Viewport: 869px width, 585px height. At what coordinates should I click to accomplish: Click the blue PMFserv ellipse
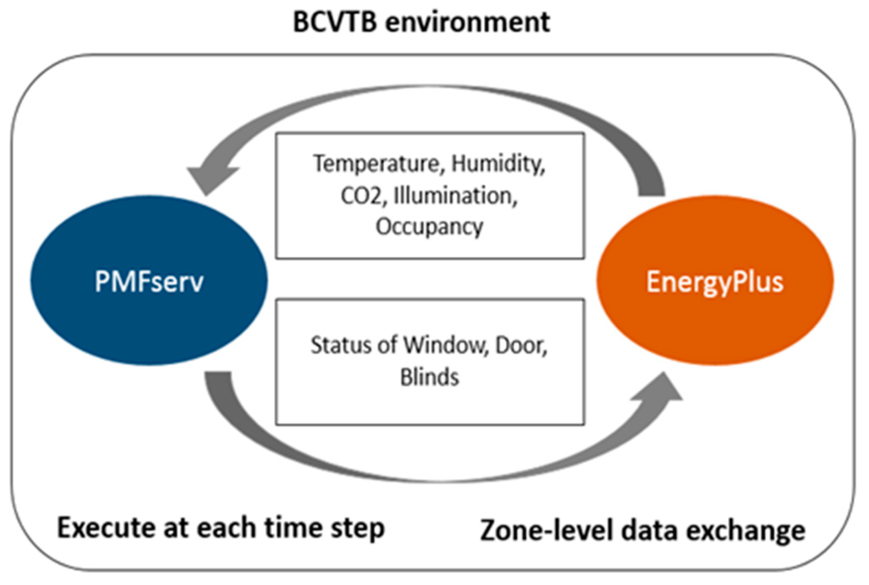coord(149,280)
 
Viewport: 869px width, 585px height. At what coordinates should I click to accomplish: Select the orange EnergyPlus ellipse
coord(715,280)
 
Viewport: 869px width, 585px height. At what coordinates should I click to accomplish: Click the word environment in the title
coord(467,23)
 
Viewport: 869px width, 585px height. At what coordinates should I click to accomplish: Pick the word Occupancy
coord(429,227)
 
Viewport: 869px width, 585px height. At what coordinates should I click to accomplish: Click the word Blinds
coord(429,376)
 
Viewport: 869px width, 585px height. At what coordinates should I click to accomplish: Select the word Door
coord(521,345)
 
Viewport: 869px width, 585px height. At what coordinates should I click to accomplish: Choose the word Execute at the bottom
coord(106,528)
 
